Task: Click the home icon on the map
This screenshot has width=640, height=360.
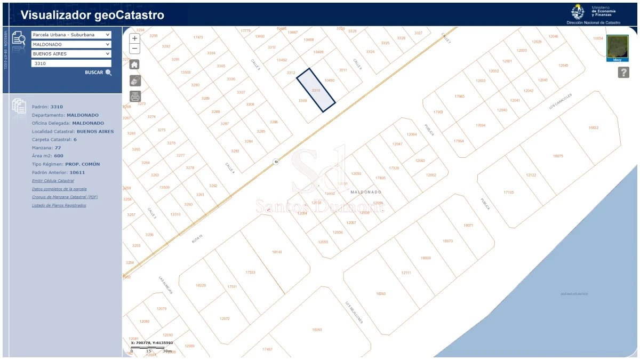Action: tap(135, 64)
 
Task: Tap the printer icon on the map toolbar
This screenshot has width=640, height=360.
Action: tap(135, 97)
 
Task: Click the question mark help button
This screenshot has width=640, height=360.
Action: tap(623, 73)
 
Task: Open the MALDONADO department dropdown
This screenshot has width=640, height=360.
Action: tap(71, 44)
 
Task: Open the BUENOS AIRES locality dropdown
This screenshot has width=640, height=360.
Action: tap(71, 54)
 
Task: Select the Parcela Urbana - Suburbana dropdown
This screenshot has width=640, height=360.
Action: tap(71, 35)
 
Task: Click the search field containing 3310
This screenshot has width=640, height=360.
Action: tap(71, 63)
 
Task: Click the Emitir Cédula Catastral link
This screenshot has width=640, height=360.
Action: tap(53, 181)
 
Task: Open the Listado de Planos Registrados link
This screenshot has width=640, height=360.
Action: tap(59, 205)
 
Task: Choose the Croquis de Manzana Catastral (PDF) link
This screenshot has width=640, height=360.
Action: tap(65, 197)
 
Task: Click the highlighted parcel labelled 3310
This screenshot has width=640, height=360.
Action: tap(316, 91)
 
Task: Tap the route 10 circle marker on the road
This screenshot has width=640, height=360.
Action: tap(276, 162)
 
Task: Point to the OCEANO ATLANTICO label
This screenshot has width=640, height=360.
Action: tap(574, 294)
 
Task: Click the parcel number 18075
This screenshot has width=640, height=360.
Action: tap(558, 156)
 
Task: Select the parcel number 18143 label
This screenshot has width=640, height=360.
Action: tap(277, 252)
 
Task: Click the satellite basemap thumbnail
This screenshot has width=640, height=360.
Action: tap(618, 47)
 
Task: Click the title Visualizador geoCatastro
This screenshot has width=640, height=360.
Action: tap(92, 15)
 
